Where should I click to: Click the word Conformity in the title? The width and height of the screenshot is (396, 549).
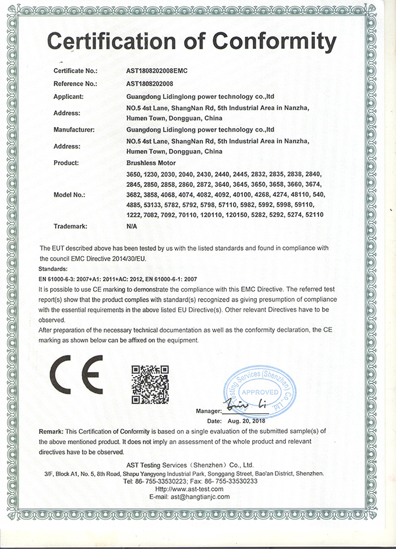[274, 42]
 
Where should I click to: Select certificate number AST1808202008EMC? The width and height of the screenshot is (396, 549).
[157, 71]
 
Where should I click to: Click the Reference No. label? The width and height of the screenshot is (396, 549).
[75, 84]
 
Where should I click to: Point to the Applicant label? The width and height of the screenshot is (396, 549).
[69, 96]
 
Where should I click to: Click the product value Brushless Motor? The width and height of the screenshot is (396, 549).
[151, 162]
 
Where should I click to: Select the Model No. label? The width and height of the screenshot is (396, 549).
[69, 194]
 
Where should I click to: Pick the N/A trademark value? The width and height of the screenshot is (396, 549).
[132, 225]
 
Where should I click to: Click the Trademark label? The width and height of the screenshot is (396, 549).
[70, 225]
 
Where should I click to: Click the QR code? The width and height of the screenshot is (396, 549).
[150, 384]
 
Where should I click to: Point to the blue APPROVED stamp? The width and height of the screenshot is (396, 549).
[260, 391]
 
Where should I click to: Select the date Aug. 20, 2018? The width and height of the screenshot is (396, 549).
[246, 420]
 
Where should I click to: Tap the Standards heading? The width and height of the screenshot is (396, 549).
[54, 270]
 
